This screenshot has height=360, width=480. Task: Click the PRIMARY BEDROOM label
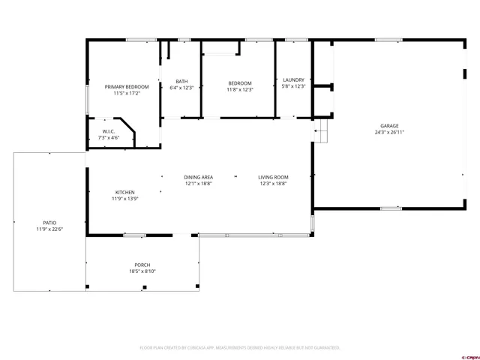[x=127, y=88]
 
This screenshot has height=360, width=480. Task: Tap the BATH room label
[x=182, y=82]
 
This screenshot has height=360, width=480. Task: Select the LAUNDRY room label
[x=293, y=79]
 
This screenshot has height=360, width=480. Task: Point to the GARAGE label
[x=389, y=126]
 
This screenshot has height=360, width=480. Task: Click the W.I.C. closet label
[x=109, y=132]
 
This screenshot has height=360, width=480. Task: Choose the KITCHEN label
[x=124, y=192]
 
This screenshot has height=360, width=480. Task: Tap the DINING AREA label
[x=199, y=177]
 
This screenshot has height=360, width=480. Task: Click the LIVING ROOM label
[x=274, y=177]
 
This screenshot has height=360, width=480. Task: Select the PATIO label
[x=49, y=223]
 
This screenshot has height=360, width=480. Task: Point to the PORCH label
[x=142, y=265]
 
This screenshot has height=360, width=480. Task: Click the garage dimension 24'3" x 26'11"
[x=389, y=132]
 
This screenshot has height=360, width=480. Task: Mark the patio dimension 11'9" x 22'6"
[x=49, y=229]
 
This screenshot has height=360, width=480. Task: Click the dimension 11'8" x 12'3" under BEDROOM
[x=240, y=89]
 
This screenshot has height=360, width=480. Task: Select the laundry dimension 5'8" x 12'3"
[x=293, y=86]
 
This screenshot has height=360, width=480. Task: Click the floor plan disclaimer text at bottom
[x=240, y=348]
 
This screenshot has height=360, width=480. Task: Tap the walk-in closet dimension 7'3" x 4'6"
[x=109, y=138]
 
